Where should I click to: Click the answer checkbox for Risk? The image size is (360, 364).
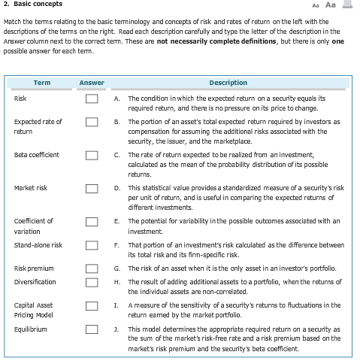click(x=92, y=99)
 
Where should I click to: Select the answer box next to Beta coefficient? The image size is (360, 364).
click(x=92, y=155)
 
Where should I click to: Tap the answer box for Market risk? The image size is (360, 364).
click(x=92, y=188)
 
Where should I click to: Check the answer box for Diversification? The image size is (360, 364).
click(x=92, y=282)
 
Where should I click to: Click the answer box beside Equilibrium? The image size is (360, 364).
click(x=92, y=329)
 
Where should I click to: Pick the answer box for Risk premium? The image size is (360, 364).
click(x=92, y=268)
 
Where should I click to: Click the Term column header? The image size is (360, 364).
click(x=42, y=83)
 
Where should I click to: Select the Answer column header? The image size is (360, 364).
click(x=92, y=83)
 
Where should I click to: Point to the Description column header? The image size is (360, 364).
click(x=228, y=83)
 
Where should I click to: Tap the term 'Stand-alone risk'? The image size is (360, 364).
click(x=38, y=245)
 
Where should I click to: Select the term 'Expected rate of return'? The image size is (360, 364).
click(x=38, y=126)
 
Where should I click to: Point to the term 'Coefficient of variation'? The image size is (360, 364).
click(x=34, y=226)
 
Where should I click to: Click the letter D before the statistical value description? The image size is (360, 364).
click(x=116, y=188)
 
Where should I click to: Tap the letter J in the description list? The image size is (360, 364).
click(x=116, y=329)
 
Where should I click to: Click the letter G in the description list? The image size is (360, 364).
click(x=116, y=268)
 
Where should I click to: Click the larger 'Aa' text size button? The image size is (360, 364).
click(x=330, y=5)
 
